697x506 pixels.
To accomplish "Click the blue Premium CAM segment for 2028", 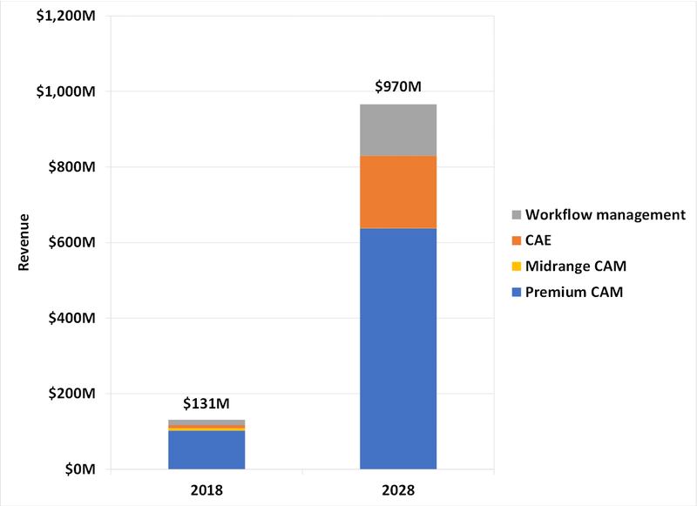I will (398, 348).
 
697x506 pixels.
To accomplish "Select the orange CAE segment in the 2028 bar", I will (398, 192).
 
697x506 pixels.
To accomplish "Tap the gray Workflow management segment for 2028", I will (398, 131).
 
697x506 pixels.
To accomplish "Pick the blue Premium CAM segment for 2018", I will (206, 450).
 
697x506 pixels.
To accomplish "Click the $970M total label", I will (398, 87).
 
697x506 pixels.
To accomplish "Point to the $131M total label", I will (206, 403).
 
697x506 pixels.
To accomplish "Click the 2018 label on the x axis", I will (206, 490).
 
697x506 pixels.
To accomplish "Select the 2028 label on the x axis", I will (398, 490).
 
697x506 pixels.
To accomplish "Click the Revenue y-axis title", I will (23, 242).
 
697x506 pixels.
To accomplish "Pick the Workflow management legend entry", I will (600, 213).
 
